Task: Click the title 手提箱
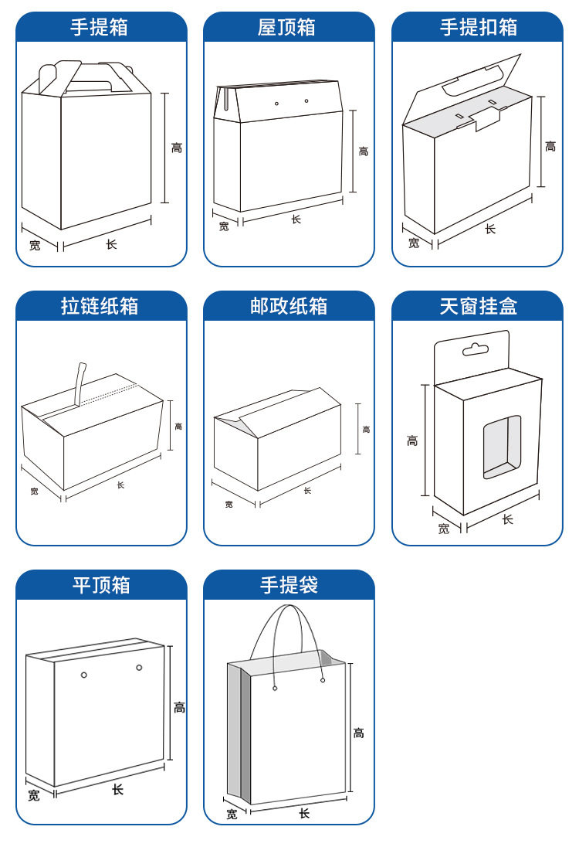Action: click(x=100, y=28)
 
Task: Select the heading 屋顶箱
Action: click(x=287, y=28)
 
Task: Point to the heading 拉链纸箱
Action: click(x=100, y=307)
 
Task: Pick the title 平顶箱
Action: click(x=101, y=586)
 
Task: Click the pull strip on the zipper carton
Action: click(x=79, y=382)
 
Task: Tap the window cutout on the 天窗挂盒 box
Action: click(x=502, y=447)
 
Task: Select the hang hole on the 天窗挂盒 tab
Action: click(x=476, y=350)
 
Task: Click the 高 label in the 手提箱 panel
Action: click(x=177, y=148)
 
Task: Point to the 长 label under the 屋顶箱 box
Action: click(x=296, y=219)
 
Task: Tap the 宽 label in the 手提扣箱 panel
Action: click(x=414, y=243)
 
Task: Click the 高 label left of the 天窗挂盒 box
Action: click(x=412, y=441)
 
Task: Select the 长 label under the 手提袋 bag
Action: click(x=304, y=813)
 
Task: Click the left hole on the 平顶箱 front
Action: click(x=84, y=675)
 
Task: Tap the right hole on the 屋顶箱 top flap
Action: click(x=306, y=100)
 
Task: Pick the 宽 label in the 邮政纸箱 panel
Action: click(x=229, y=505)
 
